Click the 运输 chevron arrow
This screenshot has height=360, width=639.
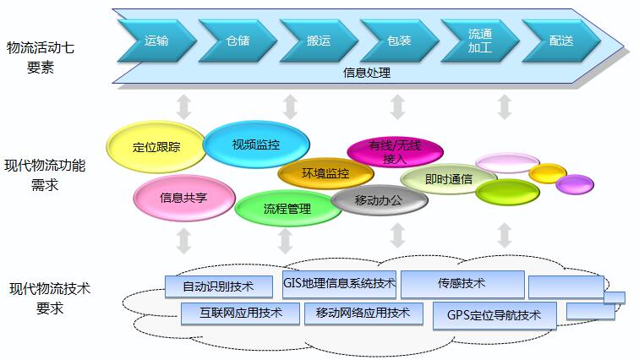156,40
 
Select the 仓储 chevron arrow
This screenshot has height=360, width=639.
238,40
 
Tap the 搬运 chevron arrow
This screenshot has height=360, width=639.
318,40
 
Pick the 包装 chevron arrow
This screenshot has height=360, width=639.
398,40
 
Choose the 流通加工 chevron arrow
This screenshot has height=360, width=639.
479,41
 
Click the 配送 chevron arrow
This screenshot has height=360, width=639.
560,40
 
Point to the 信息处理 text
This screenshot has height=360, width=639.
367,73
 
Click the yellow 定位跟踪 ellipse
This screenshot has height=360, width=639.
156,147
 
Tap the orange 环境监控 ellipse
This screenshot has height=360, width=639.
325,174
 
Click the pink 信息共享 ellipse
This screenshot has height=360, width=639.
183,199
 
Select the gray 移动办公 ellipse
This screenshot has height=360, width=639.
379,200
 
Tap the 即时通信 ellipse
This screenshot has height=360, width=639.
449,179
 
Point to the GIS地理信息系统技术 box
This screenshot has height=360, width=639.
339,283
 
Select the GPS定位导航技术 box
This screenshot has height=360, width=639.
495,315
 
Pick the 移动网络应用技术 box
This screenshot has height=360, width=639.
363,314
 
